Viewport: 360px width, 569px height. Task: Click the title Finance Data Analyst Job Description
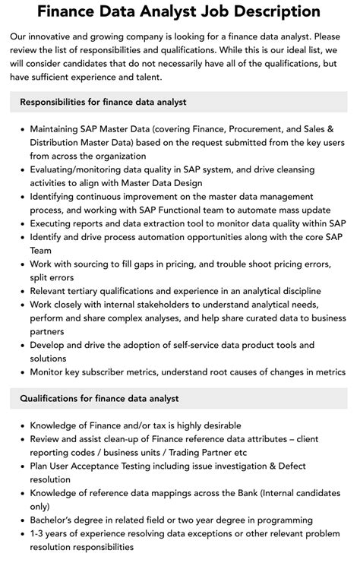(179, 11)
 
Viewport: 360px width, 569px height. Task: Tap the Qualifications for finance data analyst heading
(99, 398)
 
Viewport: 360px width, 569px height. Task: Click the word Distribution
(62, 143)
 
